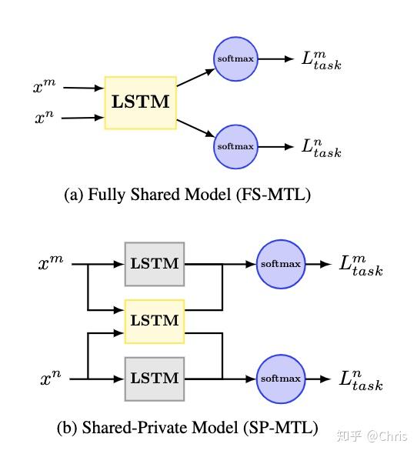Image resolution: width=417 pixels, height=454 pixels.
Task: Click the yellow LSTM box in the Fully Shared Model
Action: [141, 102]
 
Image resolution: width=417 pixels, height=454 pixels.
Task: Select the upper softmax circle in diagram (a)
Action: [235, 58]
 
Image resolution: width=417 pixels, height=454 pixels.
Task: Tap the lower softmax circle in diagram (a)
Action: [235, 146]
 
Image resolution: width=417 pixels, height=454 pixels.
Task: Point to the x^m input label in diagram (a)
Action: [43, 88]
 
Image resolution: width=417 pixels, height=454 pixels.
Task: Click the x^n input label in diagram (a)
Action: [43, 119]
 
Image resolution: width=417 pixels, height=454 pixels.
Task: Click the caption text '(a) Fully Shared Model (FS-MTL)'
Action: [187, 195]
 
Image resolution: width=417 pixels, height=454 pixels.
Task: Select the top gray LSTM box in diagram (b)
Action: [154, 264]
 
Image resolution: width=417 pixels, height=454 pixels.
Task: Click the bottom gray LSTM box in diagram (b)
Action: [154, 379]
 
